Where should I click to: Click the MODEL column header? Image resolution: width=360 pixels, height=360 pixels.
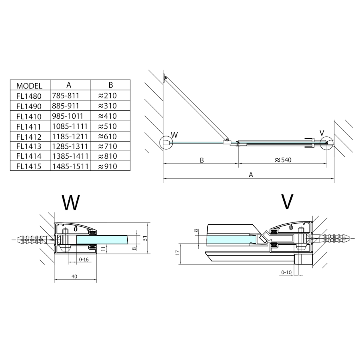tap(29, 86)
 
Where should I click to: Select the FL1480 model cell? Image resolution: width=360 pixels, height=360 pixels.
tap(29, 96)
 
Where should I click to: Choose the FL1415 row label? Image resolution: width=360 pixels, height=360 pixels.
tap(29, 166)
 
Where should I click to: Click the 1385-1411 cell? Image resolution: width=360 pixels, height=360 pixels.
tap(70, 156)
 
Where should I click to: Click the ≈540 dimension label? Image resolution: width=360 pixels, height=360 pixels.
tap(283, 160)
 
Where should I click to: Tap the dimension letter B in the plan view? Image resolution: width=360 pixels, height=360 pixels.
tap(202, 160)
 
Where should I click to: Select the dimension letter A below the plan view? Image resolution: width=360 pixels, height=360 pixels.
tap(251, 175)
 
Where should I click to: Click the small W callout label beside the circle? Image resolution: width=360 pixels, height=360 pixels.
tap(174, 134)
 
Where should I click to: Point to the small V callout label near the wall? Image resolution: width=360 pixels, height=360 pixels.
tap(322, 133)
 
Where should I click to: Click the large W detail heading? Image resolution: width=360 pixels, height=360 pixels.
tap(71, 203)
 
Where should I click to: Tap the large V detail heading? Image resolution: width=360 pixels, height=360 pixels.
tap(287, 202)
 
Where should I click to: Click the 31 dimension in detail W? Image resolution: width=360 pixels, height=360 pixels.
tap(145, 238)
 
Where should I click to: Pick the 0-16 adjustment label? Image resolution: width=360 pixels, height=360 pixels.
tap(84, 260)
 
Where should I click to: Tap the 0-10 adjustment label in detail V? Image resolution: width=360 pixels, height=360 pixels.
tap(286, 272)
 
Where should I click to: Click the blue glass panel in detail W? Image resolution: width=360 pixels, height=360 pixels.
tap(102, 240)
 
